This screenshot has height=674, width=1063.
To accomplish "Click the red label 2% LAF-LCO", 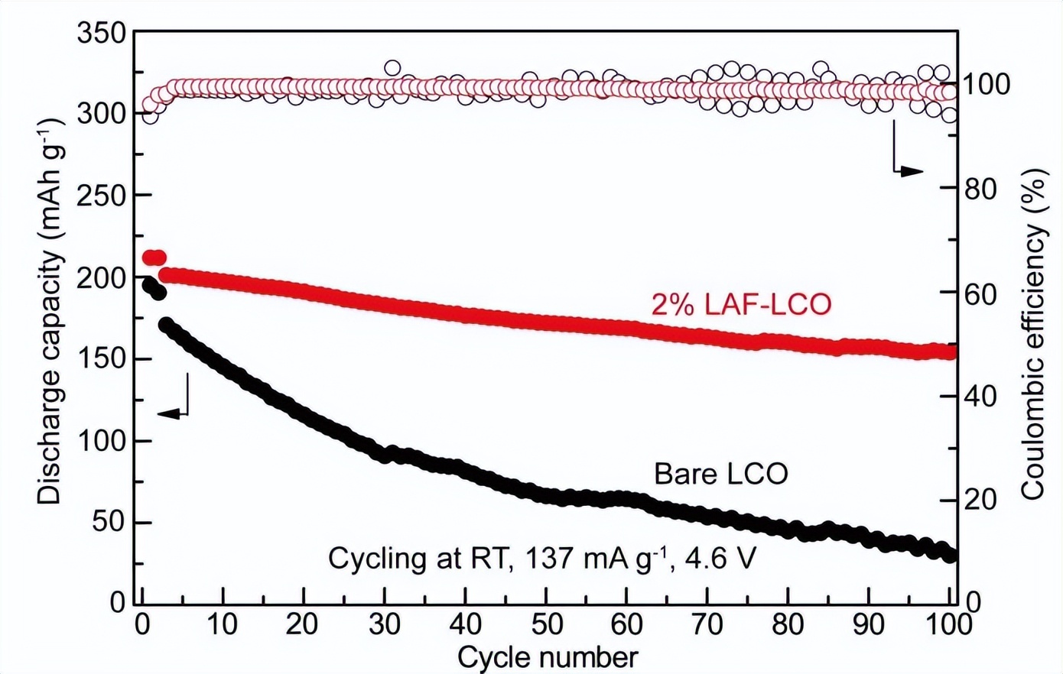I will coord(741,305).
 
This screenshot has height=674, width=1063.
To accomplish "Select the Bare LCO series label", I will coord(720,474).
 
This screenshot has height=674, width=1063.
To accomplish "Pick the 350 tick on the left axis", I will coord(101,33).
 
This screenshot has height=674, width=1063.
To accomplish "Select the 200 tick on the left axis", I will coord(101,278).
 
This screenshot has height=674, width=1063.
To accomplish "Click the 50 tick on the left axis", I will coord(109,523).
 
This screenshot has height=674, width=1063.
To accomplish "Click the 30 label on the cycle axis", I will coord(385,624).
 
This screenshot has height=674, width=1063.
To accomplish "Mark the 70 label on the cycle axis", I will coord(707,624).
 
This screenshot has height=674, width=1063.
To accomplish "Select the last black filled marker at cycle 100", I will coord(950,555).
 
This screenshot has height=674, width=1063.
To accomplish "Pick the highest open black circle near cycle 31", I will coord(392,68).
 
